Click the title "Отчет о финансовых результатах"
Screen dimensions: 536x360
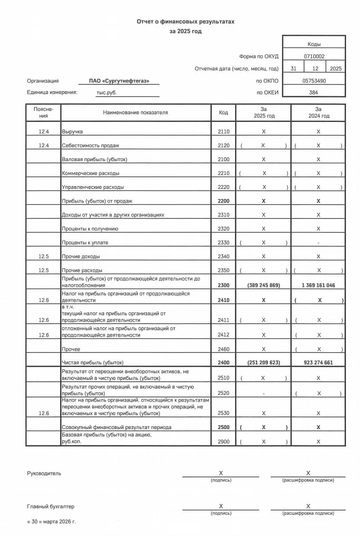(186, 22)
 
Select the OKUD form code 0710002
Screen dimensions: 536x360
(314, 56)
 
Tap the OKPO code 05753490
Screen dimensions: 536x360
(314, 81)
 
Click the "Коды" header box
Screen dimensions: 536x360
(314, 44)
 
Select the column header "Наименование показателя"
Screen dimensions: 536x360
(135, 113)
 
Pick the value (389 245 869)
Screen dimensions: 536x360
(263, 285)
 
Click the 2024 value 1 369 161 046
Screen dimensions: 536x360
(318, 285)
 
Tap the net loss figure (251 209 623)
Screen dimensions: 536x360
(263, 362)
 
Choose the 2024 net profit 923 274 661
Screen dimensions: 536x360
(318, 362)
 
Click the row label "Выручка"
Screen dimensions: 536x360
(72, 132)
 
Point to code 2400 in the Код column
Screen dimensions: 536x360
(224, 362)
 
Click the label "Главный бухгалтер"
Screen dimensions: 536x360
(51, 507)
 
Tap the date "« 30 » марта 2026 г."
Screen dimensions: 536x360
(52, 522)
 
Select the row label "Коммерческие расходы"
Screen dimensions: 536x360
(91, 173)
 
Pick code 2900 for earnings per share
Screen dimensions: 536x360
(224, 442)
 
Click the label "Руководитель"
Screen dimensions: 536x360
(44, 473)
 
